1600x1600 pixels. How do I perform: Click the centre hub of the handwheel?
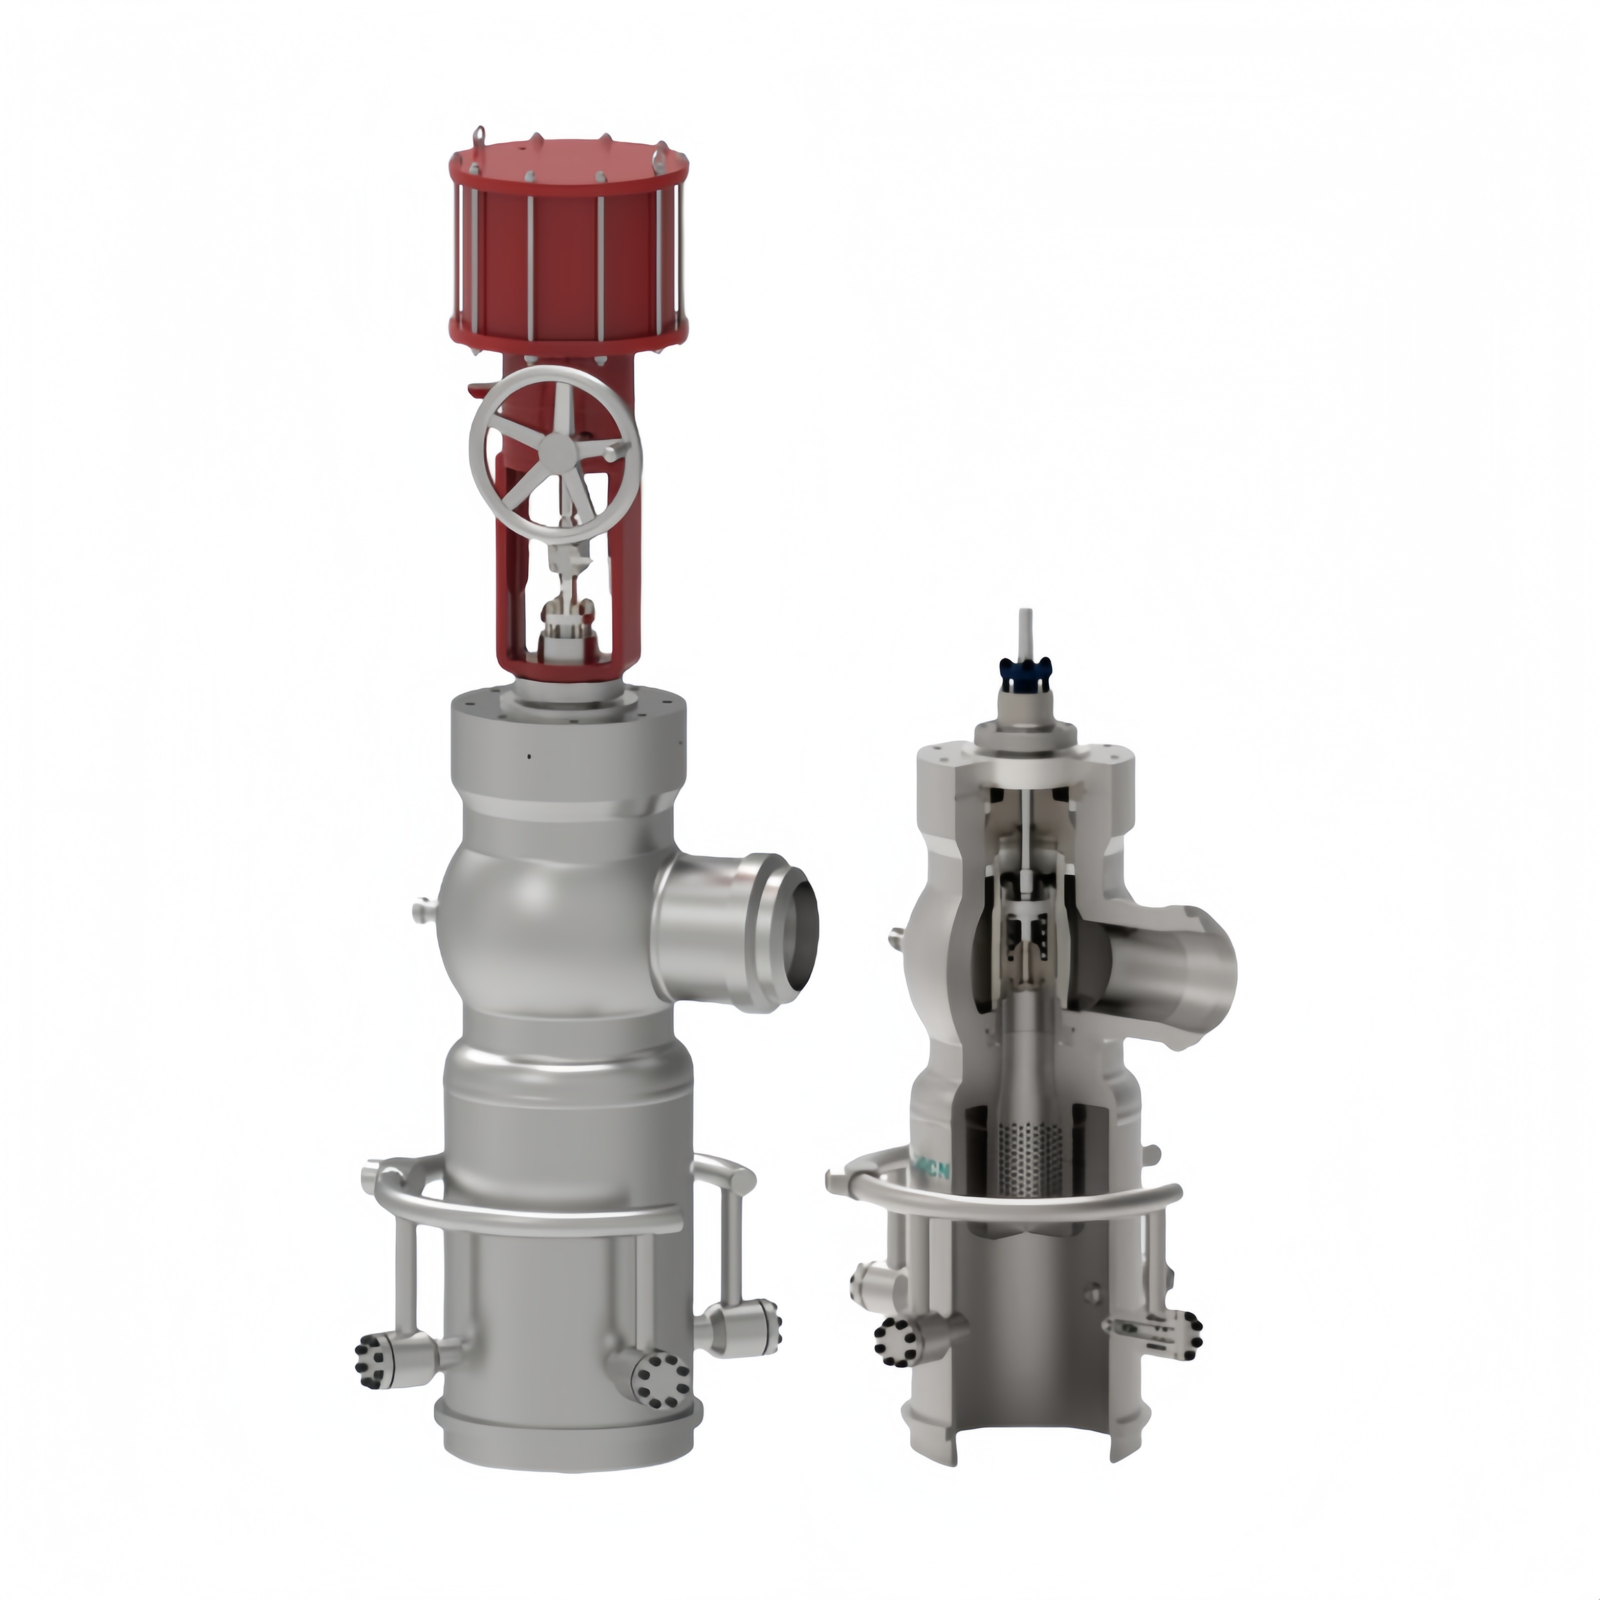(553, 449)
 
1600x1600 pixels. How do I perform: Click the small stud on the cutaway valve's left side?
(896, 938)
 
